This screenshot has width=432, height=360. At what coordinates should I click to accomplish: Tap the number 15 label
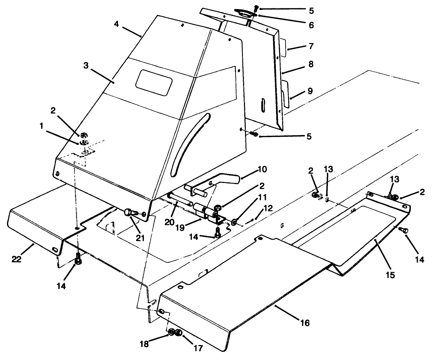pos(390,275)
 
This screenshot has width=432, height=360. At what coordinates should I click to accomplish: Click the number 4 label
pos(117,25)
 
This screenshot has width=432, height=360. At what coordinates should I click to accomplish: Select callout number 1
pos(41,127)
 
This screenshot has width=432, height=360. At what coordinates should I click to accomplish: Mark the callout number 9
pos(310,91)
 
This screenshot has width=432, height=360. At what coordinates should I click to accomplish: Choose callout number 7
pos(311,46)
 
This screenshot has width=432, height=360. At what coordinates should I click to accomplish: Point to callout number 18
pos(144,344)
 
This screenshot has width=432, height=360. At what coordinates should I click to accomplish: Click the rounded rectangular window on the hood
pos(154,83)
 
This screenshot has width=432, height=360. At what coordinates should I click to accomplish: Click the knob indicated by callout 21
pos(130,212)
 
